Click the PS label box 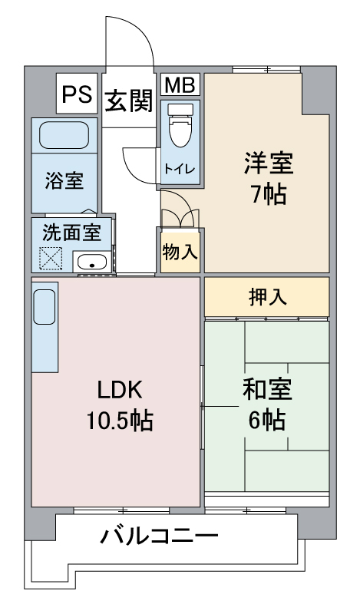(77, 94)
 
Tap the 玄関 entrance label (127, 101)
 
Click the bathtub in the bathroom (64, 136)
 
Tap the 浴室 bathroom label (64, 182)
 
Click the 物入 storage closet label (180, 251)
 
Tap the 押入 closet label (268, 297)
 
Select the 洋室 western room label (268, 164)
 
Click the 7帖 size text (268, 195)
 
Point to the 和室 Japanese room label (268, 390)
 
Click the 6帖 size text (268, 420)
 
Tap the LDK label (119, 390)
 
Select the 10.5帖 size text (119, 421)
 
